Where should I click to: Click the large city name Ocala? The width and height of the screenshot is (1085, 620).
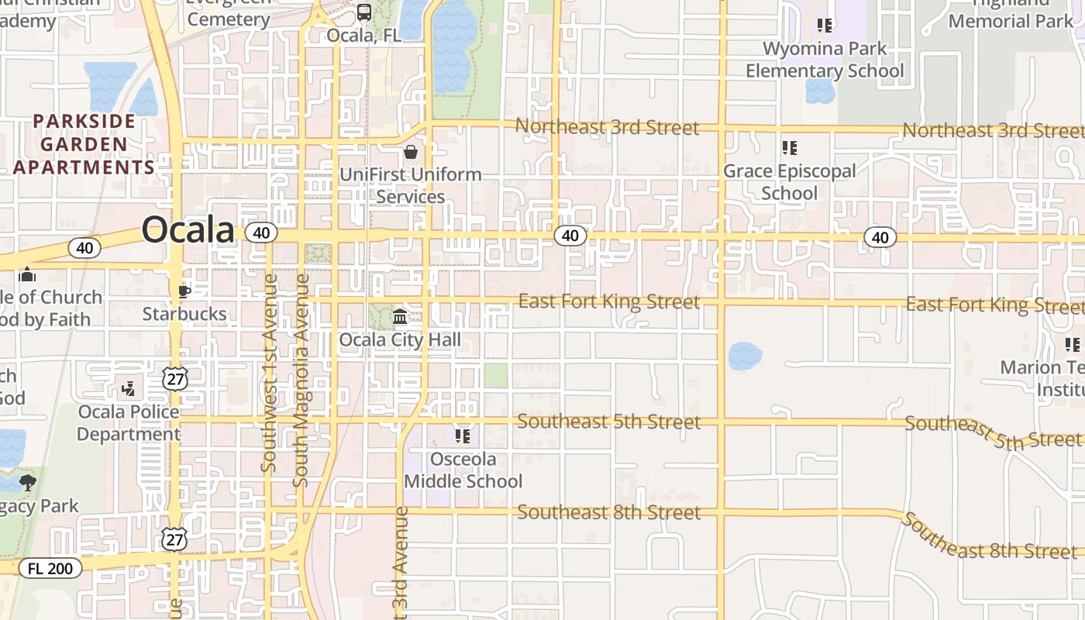point(188,230)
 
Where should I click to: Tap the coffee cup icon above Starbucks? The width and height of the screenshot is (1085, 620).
point(184,291)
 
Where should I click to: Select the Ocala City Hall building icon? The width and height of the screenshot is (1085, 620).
point(400,316)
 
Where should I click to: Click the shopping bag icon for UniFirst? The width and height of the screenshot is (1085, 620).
point(410,152)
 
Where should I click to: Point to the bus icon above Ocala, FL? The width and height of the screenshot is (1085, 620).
point(363,12)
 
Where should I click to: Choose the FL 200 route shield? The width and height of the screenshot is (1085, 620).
point(50,568)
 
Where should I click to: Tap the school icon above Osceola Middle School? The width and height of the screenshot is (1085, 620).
point(463,436)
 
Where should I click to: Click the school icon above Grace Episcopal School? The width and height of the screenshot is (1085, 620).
point(789,147)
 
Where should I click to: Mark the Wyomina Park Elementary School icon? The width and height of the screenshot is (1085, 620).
point(825,26)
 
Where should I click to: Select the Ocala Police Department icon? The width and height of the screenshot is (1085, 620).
point(129,388)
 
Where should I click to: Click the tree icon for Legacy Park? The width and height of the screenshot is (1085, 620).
point(28,483)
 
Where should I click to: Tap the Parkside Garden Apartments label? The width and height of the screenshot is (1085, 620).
point(84,144)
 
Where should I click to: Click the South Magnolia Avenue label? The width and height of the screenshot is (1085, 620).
point(301,380)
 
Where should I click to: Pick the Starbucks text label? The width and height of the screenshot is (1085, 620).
point(184,314)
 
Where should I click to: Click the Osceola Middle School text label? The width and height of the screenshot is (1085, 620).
point(463,470)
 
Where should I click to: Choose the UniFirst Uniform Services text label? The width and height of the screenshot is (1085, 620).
point(411,185)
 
